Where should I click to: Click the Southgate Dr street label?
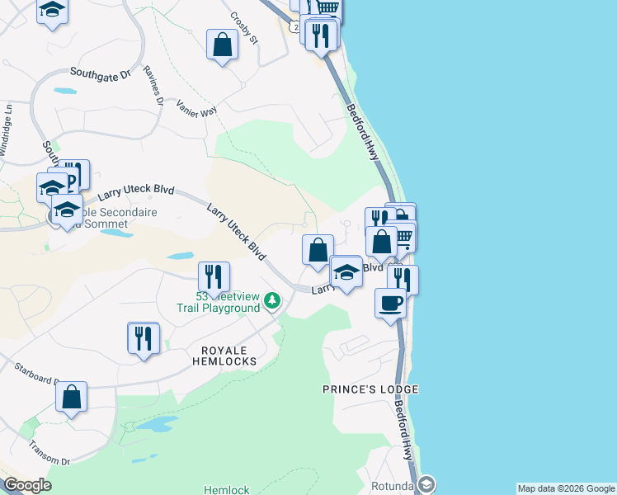click(x=101, y=73)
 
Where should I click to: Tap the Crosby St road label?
click(x=245, y=27)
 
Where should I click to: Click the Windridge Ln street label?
click(x=7, y=128)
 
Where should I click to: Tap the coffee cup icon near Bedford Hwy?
click(x=390, y=301)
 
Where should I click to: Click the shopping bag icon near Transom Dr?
click(x=72, y=396)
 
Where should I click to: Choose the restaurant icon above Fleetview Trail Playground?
click(x=214, y=276)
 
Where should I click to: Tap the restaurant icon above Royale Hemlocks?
click(x=144, y=337)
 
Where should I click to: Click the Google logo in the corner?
click(x=27, y=485)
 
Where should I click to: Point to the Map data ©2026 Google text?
click(x=566, y=488)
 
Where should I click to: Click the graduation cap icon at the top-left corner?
click(x=53, y=10)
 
